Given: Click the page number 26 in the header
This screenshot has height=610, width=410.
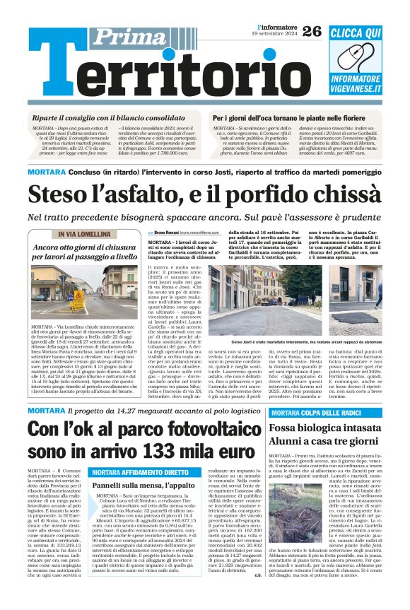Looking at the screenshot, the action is pos(311,32).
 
